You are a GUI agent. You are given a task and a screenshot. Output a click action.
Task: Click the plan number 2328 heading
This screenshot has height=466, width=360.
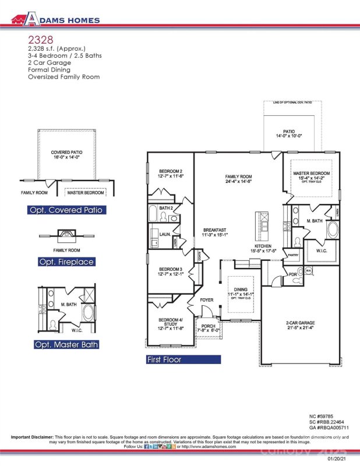coord(39,40)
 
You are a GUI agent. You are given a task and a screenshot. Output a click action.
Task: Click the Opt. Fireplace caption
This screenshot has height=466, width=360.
coord(66,262)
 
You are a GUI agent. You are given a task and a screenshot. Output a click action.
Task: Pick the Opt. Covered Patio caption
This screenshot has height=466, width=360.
coord(66,210)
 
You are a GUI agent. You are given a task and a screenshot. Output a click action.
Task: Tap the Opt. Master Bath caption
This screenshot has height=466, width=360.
coord(66,345)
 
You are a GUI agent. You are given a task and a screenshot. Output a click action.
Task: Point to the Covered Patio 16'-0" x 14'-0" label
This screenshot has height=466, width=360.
coord(66,156)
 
